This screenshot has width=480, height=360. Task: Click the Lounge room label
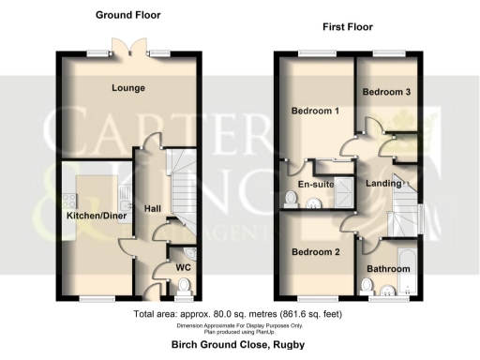point(129,89)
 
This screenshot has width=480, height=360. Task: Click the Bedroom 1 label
point(315,112)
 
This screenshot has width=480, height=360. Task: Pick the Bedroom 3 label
point(387,92)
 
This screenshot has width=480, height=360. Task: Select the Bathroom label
point(388,270)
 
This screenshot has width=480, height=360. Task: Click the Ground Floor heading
point(128,15)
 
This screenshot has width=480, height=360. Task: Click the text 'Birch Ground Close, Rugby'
point(240,344)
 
